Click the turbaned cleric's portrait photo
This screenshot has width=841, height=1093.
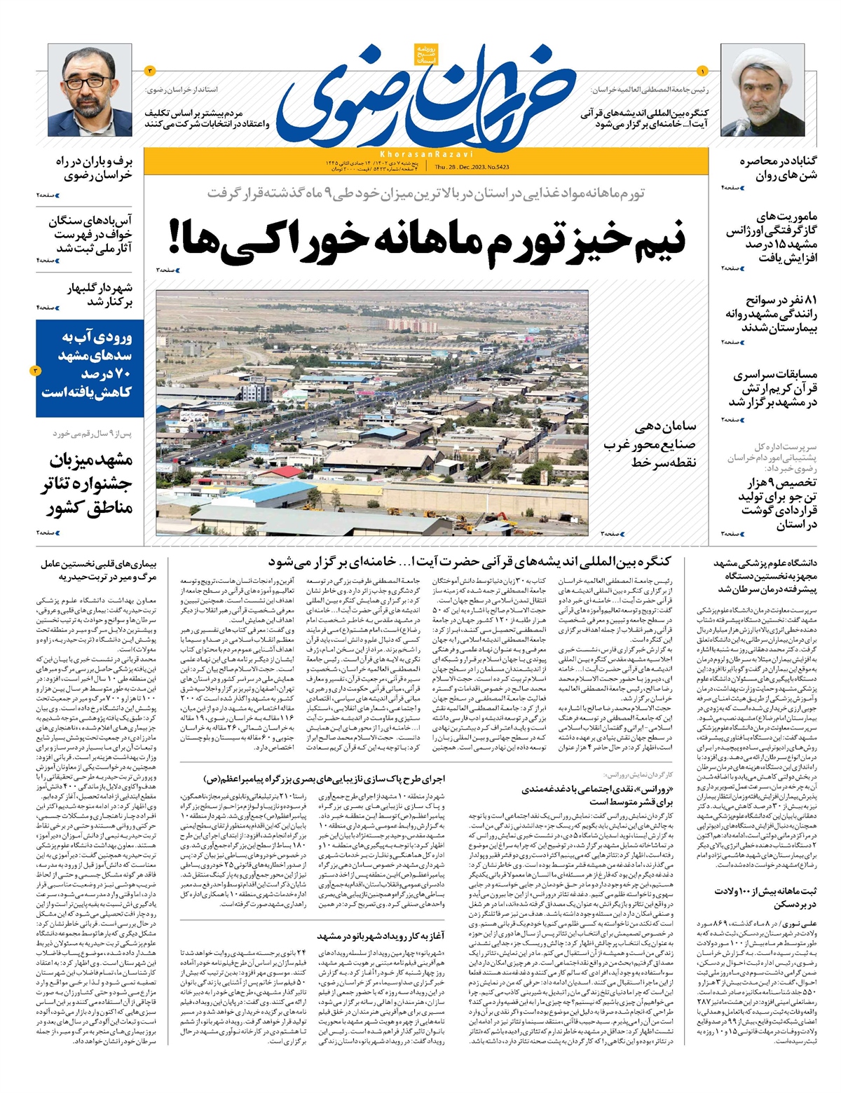click(x=763, y=90)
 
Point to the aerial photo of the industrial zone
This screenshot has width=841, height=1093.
click(x=371, y=413)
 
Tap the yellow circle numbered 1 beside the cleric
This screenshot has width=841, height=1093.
click(x=703, y=70)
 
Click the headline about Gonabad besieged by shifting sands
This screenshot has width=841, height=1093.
click(x=777, y=168)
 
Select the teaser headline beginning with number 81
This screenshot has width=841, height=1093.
click(x=771, y=314)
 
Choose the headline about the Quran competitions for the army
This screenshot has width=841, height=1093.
click(x=772, y=388)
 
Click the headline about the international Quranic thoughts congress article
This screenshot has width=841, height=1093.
click(x=470, y=561)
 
